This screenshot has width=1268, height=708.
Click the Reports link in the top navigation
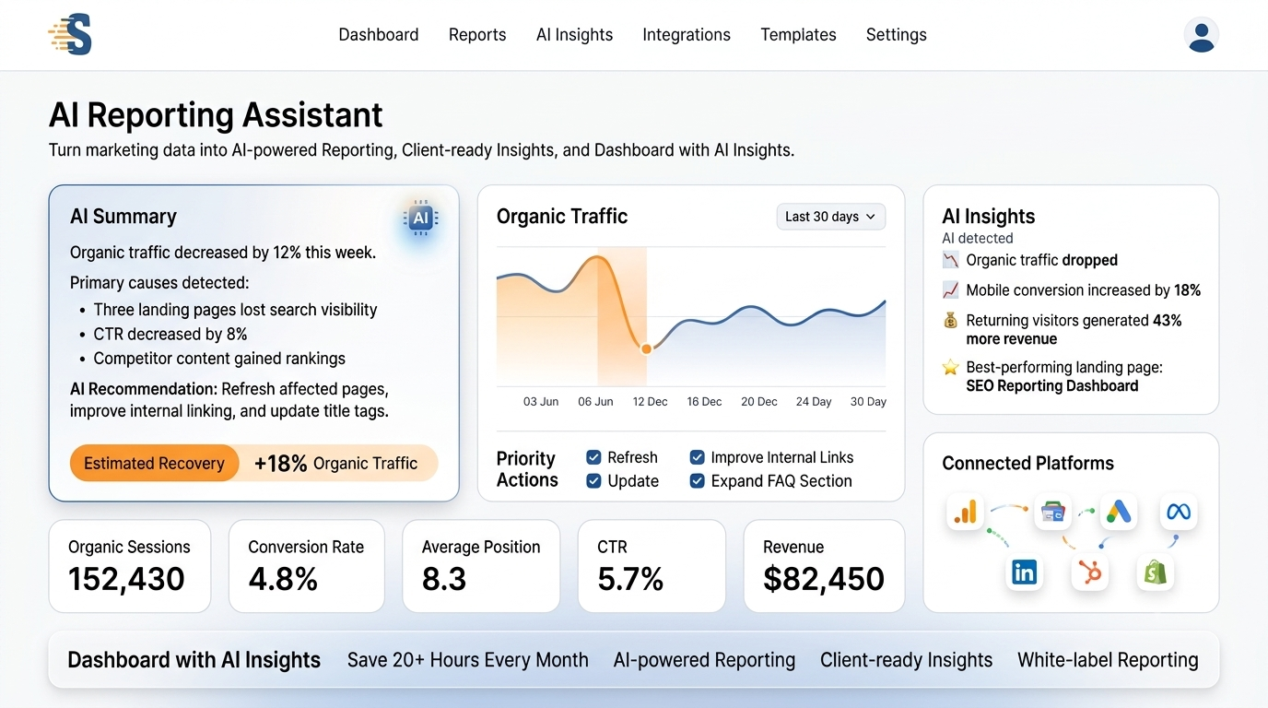[x=477, y=35]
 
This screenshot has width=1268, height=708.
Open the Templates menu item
[x=798, y=35]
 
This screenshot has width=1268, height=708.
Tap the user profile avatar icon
[x=1202, y=35]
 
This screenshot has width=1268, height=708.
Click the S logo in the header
[x=70, y=34]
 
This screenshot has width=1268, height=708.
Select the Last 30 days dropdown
[x=830, y=217]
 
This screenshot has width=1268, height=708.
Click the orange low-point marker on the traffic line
[x=646, y=348]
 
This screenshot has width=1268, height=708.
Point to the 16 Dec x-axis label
[x=704, y=402]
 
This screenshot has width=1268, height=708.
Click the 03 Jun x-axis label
[x=541, y=402]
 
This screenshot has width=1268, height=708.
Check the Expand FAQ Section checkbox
[x=697, y=481]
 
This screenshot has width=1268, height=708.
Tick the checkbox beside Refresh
[x=593, y=457]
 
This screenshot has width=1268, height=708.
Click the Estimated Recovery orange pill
[x=154, y=464]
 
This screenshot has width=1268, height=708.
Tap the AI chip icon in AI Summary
[x=420, y=218]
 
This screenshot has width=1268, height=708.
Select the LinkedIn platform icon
[x=1024, y=572]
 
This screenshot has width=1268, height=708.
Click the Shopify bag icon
[x=1155, y=572]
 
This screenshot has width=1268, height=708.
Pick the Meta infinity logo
[x=1179, y=512]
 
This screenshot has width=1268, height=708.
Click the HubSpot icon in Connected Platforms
[x=1089, y=572]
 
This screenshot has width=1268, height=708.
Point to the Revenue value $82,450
[x=823, y=579]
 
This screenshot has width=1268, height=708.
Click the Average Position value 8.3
[x=444, y=579]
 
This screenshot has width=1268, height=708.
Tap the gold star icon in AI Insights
[x=950, y=367]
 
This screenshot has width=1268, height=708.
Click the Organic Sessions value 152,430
[x=126, y=580]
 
